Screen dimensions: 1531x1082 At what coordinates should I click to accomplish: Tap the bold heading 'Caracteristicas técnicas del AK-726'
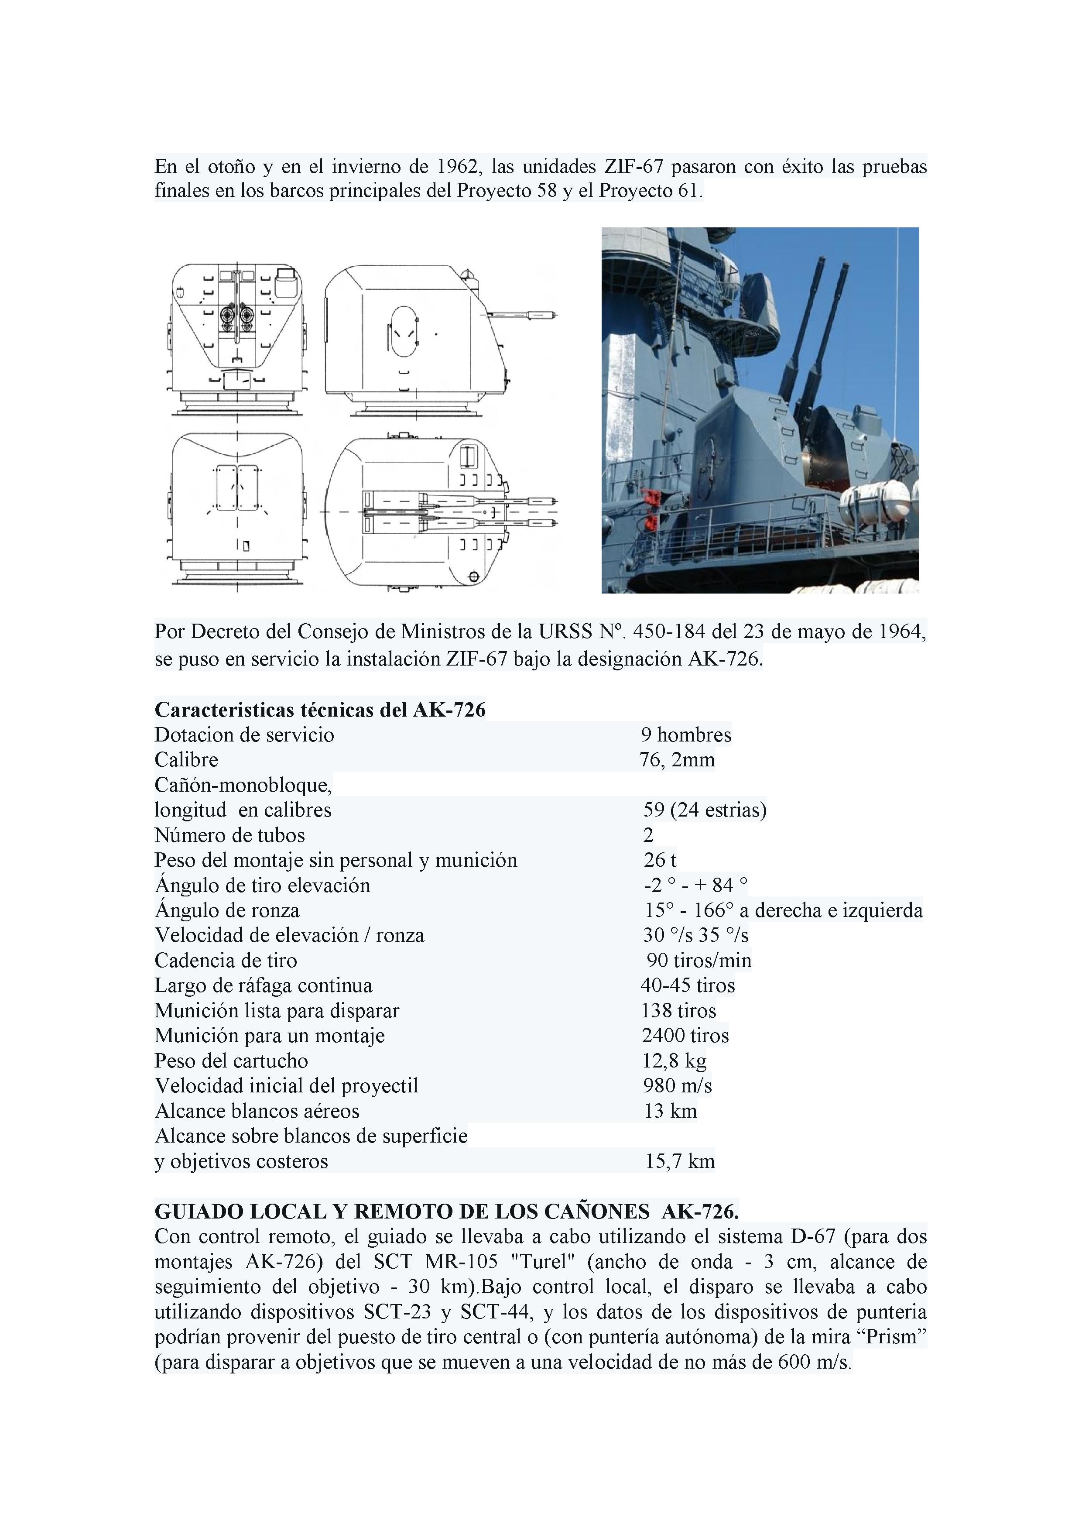320,710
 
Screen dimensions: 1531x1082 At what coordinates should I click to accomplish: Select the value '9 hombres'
686,735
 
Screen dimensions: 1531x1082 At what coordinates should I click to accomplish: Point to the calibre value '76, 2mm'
677,759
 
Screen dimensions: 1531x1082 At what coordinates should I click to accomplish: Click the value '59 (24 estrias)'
705,810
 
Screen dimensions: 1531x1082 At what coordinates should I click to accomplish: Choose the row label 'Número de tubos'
229,835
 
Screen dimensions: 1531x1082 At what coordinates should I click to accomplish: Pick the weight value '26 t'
660,860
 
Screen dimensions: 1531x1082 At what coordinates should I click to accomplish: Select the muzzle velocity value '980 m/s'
677,1085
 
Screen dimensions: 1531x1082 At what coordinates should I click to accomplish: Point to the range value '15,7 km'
679,1162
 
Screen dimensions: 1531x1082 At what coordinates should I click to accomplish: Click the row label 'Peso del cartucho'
231,1061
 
